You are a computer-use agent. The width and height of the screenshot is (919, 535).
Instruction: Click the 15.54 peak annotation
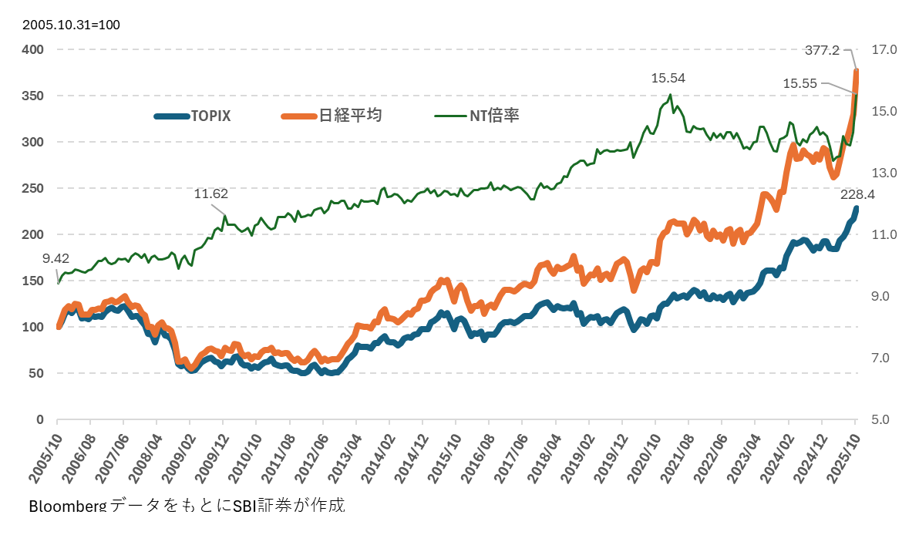[x=668, y=78]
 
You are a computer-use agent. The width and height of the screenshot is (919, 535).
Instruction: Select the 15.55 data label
[x=799, y=82]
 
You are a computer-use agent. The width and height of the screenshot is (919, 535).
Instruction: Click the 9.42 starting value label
[x=56, y=258]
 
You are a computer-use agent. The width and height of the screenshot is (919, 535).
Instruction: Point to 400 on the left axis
[x=32, y=50]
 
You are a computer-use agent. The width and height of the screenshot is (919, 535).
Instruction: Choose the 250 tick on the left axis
[x=32, y=189]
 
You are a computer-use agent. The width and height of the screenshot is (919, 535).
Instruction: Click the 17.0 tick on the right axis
[x=884, y=50]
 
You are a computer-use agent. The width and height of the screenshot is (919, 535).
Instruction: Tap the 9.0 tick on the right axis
[x=880, y=297]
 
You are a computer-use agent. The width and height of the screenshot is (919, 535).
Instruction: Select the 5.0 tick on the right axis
[x=880, y=420]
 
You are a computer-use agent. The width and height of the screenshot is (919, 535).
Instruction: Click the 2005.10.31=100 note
[x=71, y=25]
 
